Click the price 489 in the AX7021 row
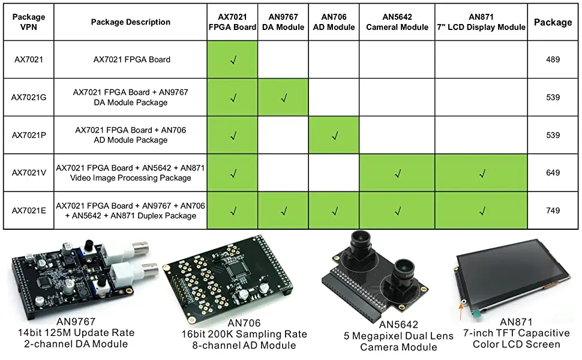coord(553,59)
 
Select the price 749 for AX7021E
coord(553,211)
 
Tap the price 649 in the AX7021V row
coord(553,173)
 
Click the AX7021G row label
coord(29,97)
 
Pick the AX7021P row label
coord(29,135)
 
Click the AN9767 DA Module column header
coord(283,22)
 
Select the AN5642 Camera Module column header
coord(397,22)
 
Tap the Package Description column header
coord(131,22)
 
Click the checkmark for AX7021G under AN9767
coord(284,97)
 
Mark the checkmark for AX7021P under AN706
coord(335,135)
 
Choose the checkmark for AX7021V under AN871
coord(481,173)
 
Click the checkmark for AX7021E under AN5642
coord(397,211)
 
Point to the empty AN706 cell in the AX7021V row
coord(334,173)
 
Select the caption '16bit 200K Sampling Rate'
coord(244,334)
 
